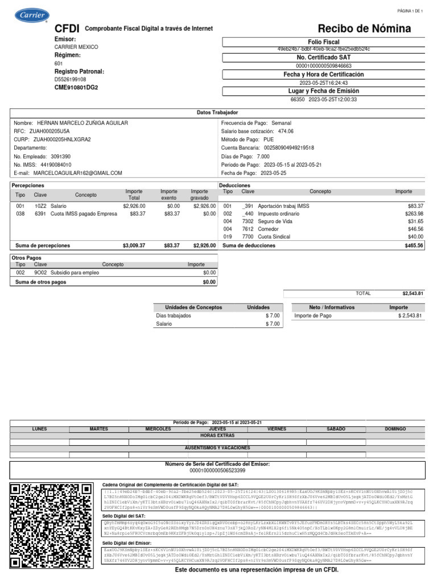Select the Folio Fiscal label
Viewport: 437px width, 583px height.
[x=323, y=42]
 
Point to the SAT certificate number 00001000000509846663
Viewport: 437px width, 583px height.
[x=323, y=66]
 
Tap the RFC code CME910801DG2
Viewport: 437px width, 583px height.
[x=76, y=88]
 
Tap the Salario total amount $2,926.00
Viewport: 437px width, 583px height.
[x=134, y=206]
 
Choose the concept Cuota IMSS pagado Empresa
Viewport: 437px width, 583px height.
[x=84, y=214]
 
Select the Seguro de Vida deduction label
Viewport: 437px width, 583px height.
[x=274, y=221]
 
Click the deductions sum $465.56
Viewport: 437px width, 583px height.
[x=413, y=245]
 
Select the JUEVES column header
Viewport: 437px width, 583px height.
[x=217, y=429]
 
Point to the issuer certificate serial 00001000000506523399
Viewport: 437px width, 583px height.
[x=217, y=471]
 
